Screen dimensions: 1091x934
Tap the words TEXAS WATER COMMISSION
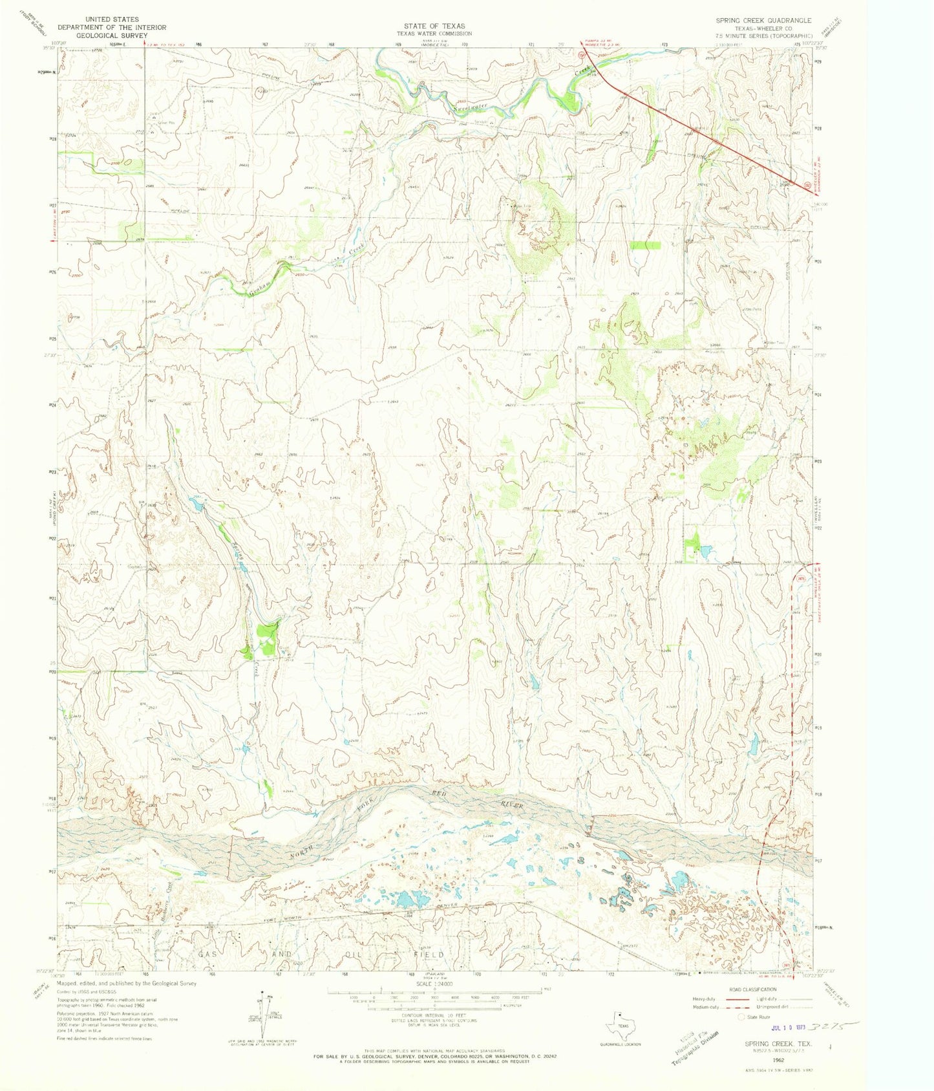click(434, 34)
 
